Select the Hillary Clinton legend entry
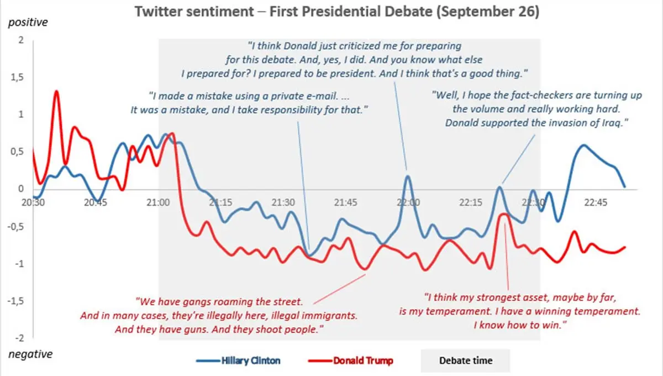click(238, 361)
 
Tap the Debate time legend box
click(465, 361)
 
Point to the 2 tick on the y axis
click(21, 40)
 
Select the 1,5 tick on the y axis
click(18, 77)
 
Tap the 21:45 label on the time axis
click(346, 202)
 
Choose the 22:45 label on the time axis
click(596, 202)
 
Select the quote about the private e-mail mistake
click(249, 102)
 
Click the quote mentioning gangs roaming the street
click(219, 316)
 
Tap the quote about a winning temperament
click(519, 310)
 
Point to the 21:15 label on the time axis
click(221, 202)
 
